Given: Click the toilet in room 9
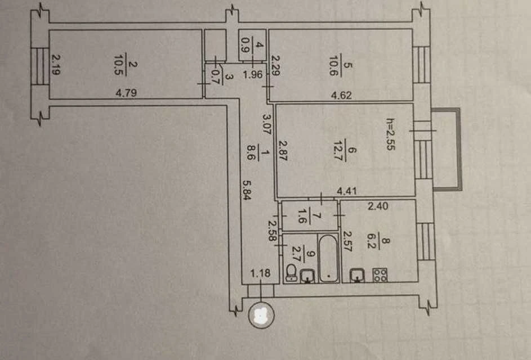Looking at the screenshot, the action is point(291,273).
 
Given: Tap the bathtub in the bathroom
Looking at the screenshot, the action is point(328,259).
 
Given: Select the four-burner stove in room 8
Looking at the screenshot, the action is point(380,275).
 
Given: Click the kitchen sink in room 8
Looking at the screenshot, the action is point(357,275).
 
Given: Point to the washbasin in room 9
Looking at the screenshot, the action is point(307,276).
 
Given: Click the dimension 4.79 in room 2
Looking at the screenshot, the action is point(126,93).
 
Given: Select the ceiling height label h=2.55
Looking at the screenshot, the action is point(390,134).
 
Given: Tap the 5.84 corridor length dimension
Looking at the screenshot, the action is point(247,190).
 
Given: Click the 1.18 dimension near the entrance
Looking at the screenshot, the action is point(260,273).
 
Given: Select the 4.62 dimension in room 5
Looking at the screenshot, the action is point(341,95).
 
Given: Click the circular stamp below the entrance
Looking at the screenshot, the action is point(261,316).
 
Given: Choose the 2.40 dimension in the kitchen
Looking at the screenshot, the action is point(378,206).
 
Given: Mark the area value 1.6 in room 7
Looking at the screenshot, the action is point(301,216).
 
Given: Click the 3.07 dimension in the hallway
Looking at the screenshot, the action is point(267,124).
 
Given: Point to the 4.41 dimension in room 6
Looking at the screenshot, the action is point(347,191).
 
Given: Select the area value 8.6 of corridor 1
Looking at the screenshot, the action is point(251,152).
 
